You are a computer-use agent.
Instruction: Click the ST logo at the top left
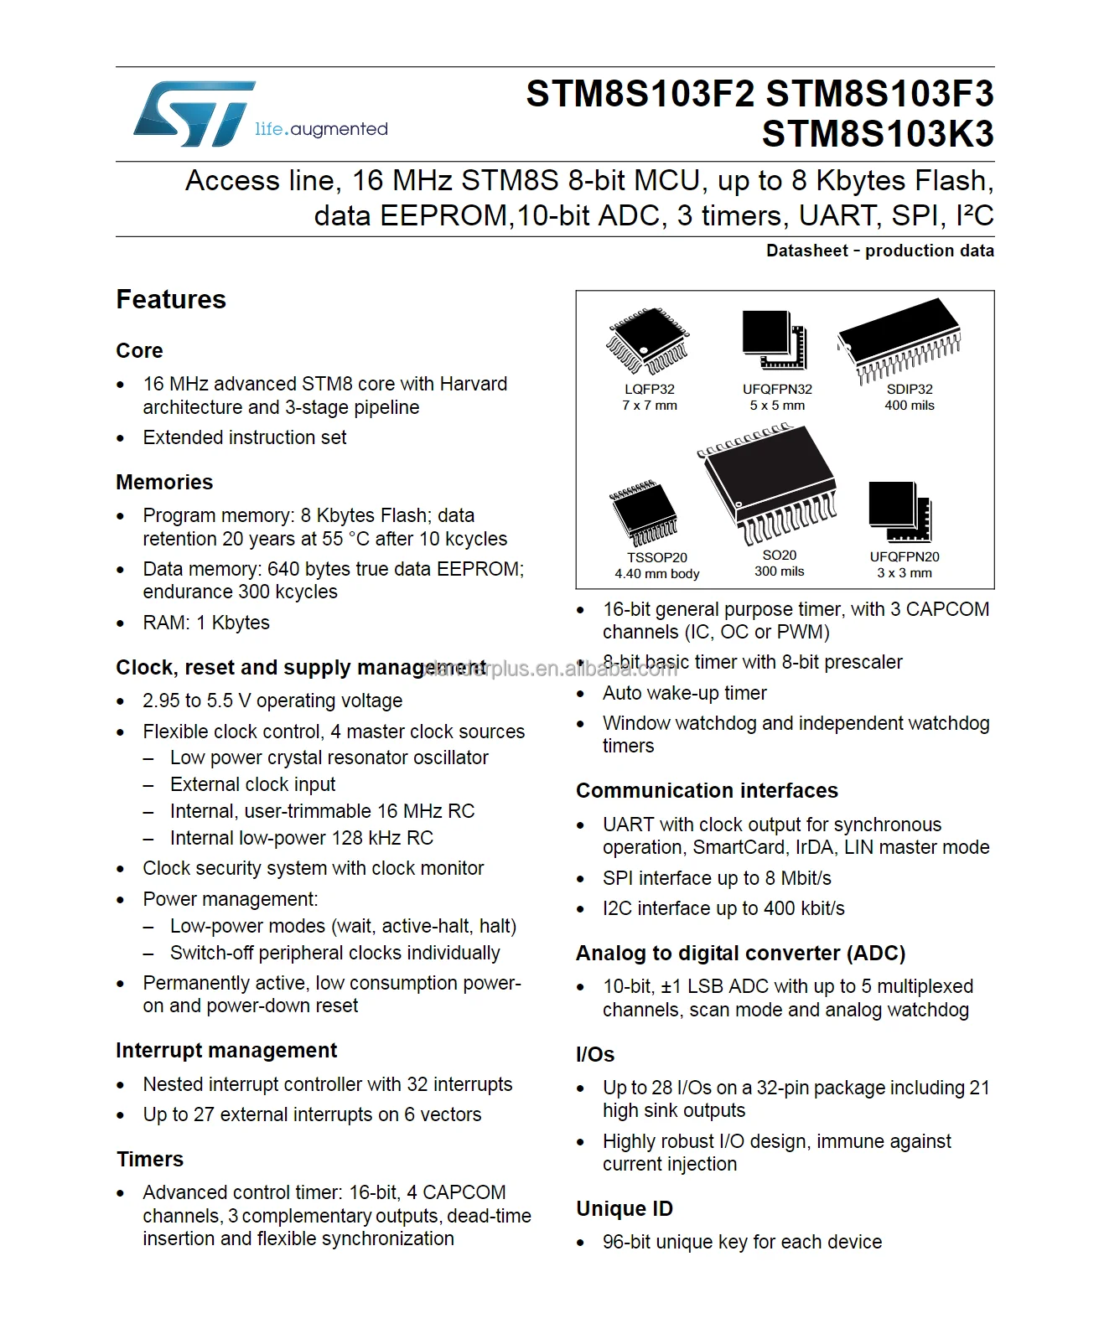click(x=194, y=114)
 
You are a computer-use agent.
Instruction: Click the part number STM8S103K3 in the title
click(x=877, y=134)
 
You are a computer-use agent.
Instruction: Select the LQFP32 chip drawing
click(x=647, y=342)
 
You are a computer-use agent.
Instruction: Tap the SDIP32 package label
click(x=910, y=390)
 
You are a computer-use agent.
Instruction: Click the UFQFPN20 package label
click(x=905, y=557)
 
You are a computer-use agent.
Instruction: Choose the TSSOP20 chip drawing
click(x=644, y=513)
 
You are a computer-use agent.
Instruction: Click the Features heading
click(x=171, y=299)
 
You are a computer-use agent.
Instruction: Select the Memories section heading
click(x=164, y=482)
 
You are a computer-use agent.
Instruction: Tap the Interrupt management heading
click(x=226, y=1050)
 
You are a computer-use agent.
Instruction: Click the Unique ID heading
click(x=625, y=1208)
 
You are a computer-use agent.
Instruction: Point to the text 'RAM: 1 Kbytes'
click(x=206, y=623)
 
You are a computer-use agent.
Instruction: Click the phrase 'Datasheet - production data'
click(x=879, y=251)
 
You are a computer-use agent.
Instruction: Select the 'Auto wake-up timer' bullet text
click(x=684, y=693)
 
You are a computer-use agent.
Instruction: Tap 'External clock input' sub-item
click(x=252, y=784)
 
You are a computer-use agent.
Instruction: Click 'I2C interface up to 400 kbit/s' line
click(x=723, y=908)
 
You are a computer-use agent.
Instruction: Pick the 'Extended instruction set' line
click(x=244, y=437)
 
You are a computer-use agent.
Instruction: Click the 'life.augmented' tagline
click(x=321, y=129)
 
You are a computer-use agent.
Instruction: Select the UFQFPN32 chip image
click(x=774, y=339)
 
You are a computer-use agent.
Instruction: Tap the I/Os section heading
click(x=595, y=1054)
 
